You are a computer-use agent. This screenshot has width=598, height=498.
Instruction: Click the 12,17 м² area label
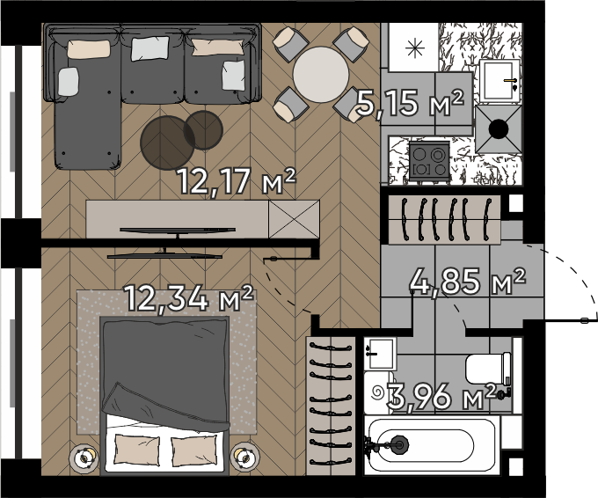coord(237,181)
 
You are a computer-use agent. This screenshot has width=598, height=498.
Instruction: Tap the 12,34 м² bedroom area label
coord(189,298)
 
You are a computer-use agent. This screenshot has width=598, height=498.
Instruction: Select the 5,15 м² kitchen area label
coord(411,103)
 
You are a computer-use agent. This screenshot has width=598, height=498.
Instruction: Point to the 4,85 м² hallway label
coord(468,282)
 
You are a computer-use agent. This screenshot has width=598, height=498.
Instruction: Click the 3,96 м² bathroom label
coord(441,397)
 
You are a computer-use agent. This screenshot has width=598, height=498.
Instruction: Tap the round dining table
coord(321,75)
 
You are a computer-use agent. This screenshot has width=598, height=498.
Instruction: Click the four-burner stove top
coord(429,161)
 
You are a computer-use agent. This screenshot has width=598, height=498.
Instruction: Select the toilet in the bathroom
coord(488,369)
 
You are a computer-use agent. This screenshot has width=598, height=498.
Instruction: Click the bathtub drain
coord(399,444)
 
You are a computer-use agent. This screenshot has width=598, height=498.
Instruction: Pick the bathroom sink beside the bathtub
coord(380,354)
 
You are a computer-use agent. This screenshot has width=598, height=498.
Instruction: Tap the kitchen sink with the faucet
coord(500,81)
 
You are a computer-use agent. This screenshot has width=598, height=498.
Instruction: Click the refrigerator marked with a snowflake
coord(414,48)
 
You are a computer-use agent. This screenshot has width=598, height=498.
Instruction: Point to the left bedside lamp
coord(84,458)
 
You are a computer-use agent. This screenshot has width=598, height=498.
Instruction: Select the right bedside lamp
coord(244,457)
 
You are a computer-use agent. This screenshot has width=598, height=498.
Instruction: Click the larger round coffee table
coord(167,143)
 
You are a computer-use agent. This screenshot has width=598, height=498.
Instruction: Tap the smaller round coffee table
coord(203,129)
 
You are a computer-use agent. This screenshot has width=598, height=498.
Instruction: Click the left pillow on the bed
coord(137,450)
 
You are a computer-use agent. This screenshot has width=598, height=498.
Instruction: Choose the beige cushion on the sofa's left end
coord(89,49)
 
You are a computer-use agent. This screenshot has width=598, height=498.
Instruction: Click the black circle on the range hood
coord(499,129)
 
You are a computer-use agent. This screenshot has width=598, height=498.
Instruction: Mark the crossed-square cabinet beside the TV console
coord(294,219)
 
